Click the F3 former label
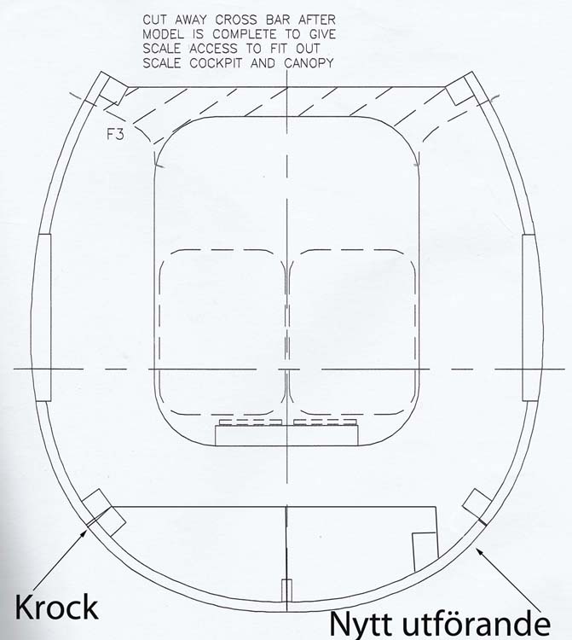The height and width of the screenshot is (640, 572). tap(115, 134)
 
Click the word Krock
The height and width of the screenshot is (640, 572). tap(56, 607)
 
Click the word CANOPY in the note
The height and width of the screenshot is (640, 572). tap(309, 63)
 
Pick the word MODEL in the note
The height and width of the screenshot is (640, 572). tap(163, 34)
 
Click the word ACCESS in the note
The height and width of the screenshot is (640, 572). tap(213, 49)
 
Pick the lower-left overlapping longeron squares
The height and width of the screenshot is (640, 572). tap(103, 512)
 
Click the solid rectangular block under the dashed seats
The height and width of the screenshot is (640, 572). tap(286, 435)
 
